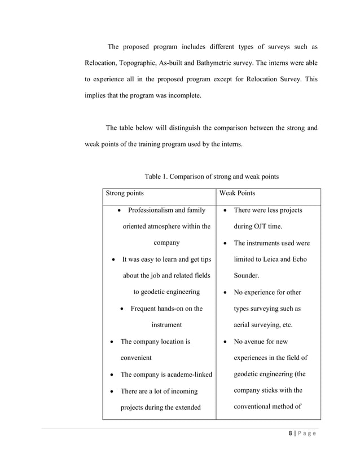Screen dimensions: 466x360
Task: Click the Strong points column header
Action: click(x=125, y=193)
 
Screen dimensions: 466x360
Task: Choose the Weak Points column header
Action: click(x=237, y=193)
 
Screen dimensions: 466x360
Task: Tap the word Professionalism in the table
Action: click(x=152, y=210)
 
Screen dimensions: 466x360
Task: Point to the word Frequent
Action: click(x=144, y=309)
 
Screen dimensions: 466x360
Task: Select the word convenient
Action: click(x=136, y=358)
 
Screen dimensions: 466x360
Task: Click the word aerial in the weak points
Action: click(x=243, y=325)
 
